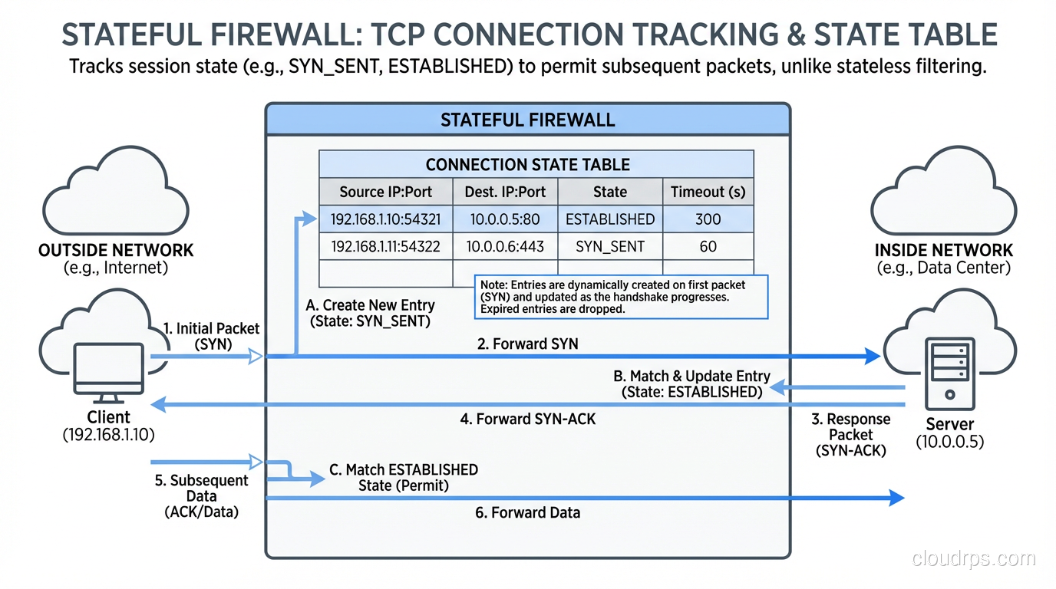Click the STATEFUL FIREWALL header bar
[x=527, y=120]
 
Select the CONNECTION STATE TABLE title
[x=527, y=165]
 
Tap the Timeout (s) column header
[x=708, y=192]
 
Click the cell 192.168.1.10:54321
[x=385, y=219]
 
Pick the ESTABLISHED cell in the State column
[x=610, y=219]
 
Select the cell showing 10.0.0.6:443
[x=505, y=246]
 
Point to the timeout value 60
[x=708, y=246]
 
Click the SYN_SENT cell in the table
[x=610, y=246]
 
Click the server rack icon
[x=949, y=371]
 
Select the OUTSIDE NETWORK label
[x=116, y=251]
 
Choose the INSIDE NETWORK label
[x=943, y=251]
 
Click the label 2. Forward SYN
[x=527, y=344]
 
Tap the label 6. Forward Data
[x=527, y=512]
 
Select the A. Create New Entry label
[x=370, y=313]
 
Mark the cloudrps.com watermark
[x=973, y=559]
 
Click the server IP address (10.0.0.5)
[x=949, y=442]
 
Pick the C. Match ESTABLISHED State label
[x=404, y=477]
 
